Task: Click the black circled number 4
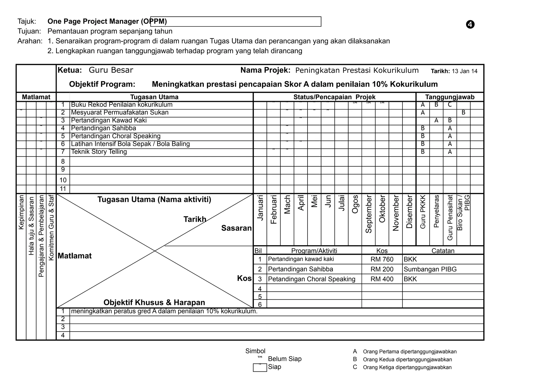pos(470,25)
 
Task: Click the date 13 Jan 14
pos(464,71)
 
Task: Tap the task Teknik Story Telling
pos(99,152)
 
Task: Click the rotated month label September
pos(368,214)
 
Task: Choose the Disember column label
pos(409,212)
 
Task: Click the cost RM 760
pos(382,259)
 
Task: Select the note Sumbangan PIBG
pos(430,269)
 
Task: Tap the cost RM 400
pos(382,279)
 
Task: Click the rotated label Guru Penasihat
pos(450,217)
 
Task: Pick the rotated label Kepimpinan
pos(21,212)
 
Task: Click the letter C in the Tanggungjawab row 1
pos(450,105)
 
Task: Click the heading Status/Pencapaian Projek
pos(334,97)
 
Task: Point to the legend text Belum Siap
pos(284,359)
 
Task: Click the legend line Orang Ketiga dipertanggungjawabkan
pos(407,367)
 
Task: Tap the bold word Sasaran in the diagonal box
pos(236,228)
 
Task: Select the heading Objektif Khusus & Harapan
pos(154,302)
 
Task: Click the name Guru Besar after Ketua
pos(111,70)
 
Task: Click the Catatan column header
pos(443,251)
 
